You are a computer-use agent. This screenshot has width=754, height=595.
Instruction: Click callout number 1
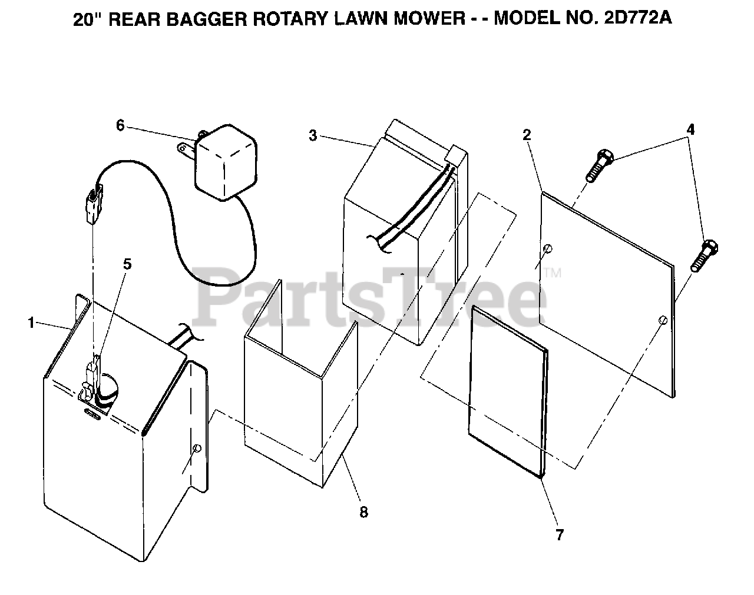tap(31, 322)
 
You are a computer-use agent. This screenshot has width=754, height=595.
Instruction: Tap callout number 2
tap(527, 134)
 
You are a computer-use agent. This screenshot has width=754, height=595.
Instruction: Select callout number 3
tap(312, 135)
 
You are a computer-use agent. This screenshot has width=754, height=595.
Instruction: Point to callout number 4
tap(690, 129)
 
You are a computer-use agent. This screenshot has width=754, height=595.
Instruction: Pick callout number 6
tap(120, 125)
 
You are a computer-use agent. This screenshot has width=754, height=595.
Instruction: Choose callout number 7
tap(559, 534)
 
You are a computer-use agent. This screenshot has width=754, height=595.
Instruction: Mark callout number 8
tap(363, 512)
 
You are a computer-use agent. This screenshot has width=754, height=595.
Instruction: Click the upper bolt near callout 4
tap(599, 164)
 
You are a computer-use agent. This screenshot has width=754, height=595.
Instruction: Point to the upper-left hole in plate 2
tap(548, 248)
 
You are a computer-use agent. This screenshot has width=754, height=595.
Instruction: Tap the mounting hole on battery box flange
tap(197, 448)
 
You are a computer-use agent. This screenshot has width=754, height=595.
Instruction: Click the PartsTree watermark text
tap(371, 294)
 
